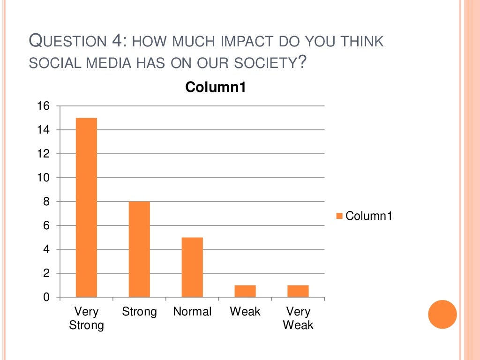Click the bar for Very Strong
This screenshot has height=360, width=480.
pos(86,207)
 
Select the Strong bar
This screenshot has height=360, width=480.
pos(139,249)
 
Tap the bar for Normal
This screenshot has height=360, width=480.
pos(192,267)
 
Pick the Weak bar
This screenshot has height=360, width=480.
pos(245,291)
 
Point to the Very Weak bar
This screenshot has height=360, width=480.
pos(298,291)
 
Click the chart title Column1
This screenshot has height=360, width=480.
pos(216,87)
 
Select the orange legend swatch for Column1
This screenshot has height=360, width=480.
pos(339,216)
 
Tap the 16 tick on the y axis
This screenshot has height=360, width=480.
pos(44,106)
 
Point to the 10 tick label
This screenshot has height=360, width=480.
pos(44,178)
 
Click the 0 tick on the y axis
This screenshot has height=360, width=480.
pos(46,297)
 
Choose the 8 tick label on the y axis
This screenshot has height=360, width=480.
pos(46,202)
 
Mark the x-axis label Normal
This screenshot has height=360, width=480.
pos(192,312)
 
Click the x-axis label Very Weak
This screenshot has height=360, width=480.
pos(298,318)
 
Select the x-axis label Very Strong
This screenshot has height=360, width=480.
pos(86,318)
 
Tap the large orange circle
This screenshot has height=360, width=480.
pos(442,314)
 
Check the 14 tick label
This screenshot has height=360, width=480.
pos(44,130)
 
